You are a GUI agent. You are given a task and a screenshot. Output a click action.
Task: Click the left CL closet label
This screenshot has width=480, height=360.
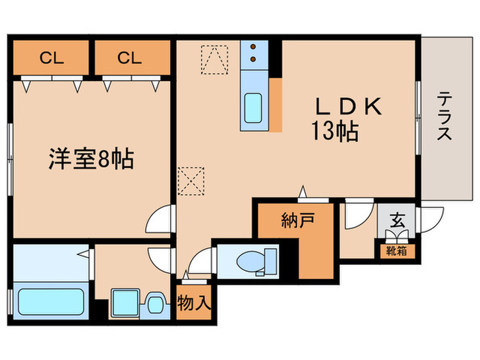tap(51, 58)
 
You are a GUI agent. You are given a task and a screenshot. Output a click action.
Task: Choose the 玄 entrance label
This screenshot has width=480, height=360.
tap(396, 221)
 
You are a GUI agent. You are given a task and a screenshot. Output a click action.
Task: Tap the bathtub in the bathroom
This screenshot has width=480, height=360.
tap(50, 302)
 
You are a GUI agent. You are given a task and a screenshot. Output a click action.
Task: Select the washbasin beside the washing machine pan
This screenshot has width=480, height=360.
tap(156, 302)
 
